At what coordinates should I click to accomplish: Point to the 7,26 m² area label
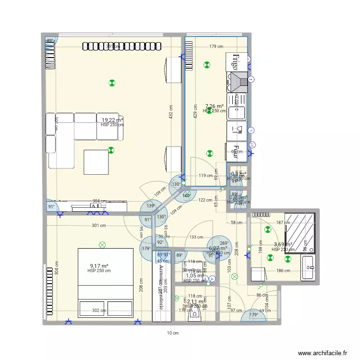pyautogui.click(x=214, y=106)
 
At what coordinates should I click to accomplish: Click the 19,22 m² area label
pyautogui.click(x=112, y=120)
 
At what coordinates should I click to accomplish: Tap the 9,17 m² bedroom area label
pyautogui.click(x=99, y=265)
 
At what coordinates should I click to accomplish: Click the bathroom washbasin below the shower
pyautogui.click(x=308, y=267)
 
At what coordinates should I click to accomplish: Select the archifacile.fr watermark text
pyautogui.click(x=322, y=352)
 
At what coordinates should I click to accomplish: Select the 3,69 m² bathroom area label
pyautogui.click(x=283, y=244)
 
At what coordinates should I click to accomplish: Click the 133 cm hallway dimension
pyautogui.click(x=195, y=237)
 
